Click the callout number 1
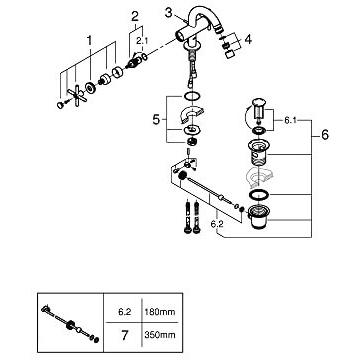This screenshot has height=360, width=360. (89, 41)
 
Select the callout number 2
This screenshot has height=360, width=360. (135, 16)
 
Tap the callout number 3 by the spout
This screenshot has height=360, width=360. (169, 13)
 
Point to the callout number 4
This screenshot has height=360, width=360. (248, 39)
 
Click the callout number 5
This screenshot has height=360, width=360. (156, 120)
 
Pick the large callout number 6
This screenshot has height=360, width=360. (325, 135)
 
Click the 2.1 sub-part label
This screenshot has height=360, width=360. (141, 41)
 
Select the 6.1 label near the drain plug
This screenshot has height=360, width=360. (291, 120)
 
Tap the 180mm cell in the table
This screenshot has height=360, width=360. (160, 312)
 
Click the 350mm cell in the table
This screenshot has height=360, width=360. (160, 334)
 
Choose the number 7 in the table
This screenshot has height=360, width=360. (125, 335)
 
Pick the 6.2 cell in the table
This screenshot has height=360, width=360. (125, 312)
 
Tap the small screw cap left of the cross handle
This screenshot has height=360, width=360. (60, 105)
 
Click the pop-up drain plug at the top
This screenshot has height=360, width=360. (259, 108)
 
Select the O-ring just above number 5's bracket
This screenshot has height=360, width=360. (192, 96)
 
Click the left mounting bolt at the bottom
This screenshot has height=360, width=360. (189, 218)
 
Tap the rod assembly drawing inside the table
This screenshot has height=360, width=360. (70, 324)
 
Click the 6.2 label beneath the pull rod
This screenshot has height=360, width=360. (216, 224)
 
